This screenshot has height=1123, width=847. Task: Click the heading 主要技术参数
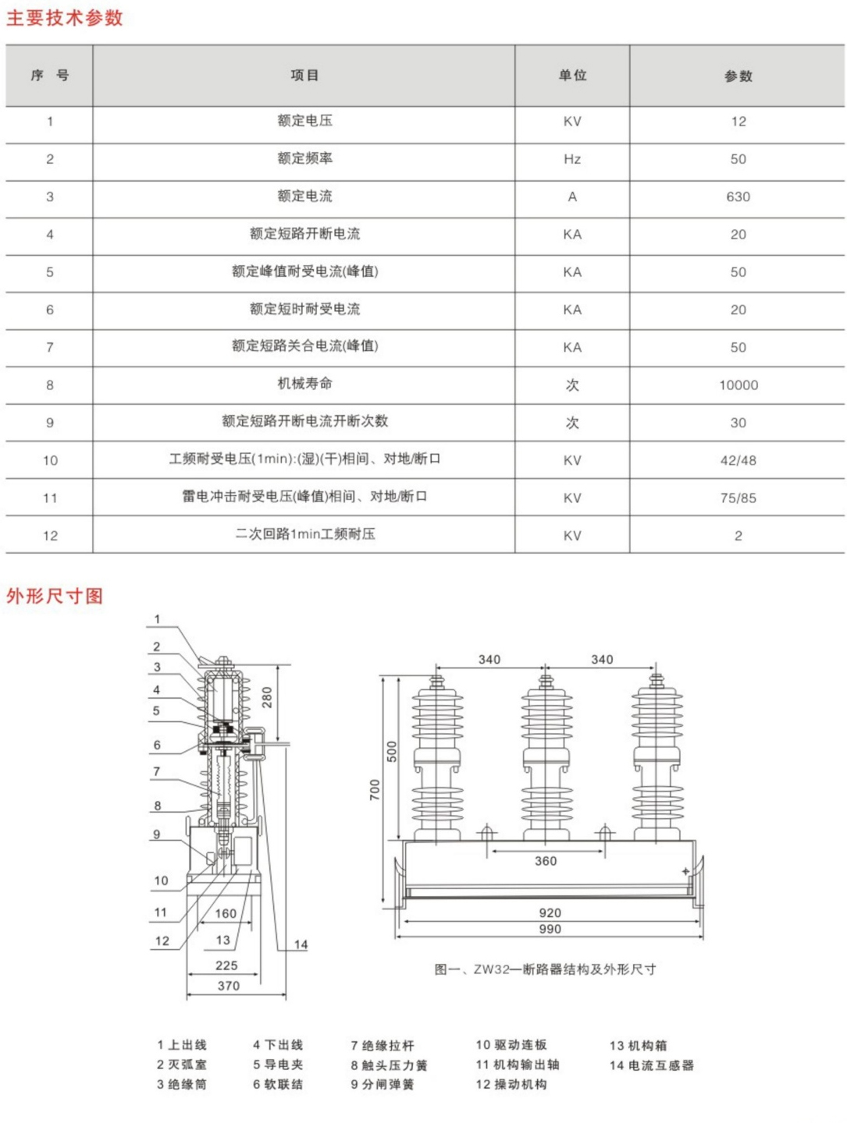point(65,18)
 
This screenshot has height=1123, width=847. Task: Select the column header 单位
point(572,76)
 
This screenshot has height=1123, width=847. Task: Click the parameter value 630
point(738,197)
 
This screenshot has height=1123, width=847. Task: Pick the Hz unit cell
point(572,159)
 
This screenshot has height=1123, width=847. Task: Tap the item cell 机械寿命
point(304,384)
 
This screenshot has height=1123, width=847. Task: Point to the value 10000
point(738,385)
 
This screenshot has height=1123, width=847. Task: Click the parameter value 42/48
point(738,460)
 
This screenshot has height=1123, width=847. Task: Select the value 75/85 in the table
point(738,498)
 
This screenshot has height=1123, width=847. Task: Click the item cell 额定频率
point(304,158)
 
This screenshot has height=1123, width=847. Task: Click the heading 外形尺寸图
point(55,596)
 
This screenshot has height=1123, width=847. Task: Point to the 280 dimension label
point(267,697)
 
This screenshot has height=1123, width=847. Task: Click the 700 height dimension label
point(375,789)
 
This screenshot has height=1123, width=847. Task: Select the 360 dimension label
point(546,861)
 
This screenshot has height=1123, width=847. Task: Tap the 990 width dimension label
point(550,929)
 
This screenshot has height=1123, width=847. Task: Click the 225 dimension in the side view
point(226,965)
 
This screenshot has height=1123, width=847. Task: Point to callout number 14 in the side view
point(301,945)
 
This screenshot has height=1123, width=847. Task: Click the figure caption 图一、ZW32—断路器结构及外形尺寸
point(545,969)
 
